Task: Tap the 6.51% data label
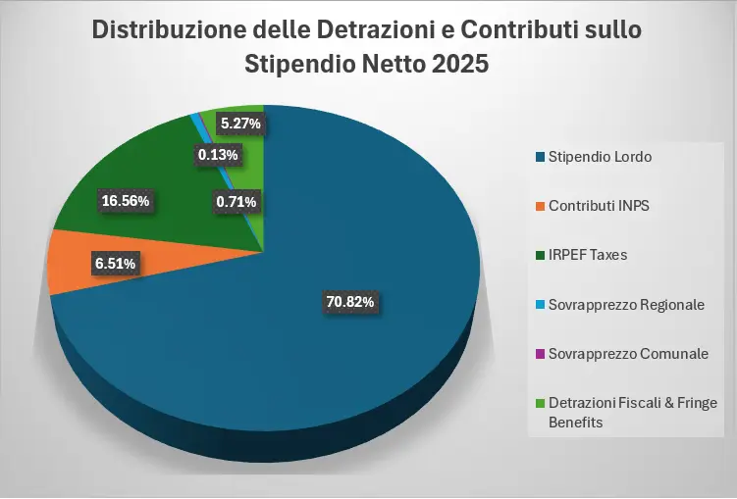click(x=116, y=263)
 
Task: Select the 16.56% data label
click(x=126, y=201)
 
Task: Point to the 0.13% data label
click(x=217, y=154)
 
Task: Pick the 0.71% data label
click(x=236, y=202)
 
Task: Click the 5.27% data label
click(x=240, y=124)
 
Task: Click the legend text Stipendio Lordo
click(x=600, y=157)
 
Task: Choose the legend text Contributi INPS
click(x=599, y=206)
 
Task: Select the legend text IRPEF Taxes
click(x=588, y=255)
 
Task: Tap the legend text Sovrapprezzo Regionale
click(x=626, y=305)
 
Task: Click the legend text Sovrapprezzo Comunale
click(x=628, y=354)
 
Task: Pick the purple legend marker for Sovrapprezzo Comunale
click(x=541, y=354)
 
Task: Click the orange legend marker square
click(x=541, y=206)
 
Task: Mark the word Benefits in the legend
click(x=575, y=423)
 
